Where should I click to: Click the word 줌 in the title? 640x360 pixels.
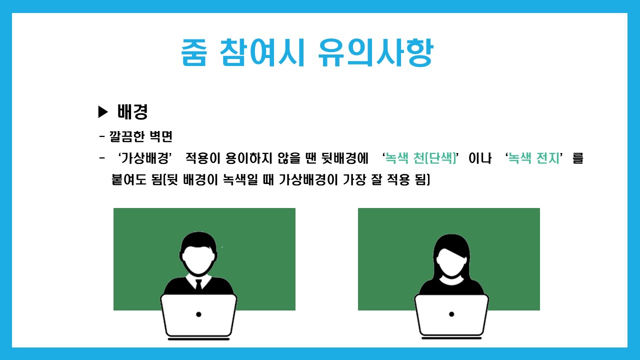[193, 53]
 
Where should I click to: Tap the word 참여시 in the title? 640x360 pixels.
[262, 53]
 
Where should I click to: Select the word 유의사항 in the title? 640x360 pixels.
[375, 53]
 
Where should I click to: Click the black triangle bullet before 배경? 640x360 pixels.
[103, 111]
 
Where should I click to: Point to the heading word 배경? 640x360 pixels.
[132, 111]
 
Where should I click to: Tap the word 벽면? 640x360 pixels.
[161, 136]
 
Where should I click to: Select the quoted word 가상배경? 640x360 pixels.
[145, 158]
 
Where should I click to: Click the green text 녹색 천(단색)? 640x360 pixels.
[420, 158]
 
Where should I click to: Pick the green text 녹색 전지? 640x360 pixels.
[533, 158]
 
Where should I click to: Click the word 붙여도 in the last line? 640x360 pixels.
[129, 179]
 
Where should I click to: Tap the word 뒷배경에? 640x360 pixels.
[345, 158]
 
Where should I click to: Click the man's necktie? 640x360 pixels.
[199, 285]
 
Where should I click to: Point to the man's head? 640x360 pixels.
[198, 253]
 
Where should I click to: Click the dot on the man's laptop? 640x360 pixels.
[198, 314]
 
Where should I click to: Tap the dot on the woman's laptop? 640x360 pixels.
[451, 314]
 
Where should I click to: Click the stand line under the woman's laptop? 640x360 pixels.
[451, 338]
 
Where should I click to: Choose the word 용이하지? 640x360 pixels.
[249, 158]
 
